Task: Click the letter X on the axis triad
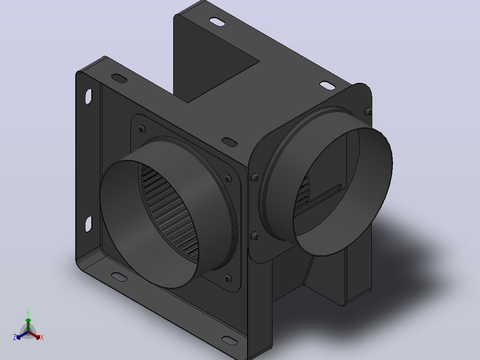click(x=42, y=337)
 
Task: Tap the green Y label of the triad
click(x=28, y=313)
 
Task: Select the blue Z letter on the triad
click(x=15, y=337)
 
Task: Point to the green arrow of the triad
click(x=28, y=325)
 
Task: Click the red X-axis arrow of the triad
click(x=34, y=335)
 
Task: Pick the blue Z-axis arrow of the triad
click(x=22, y=335)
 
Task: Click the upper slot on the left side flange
click(x=89, y=96)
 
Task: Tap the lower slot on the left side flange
click(x=89, y=224)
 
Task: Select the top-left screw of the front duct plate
click(x=142, y=128)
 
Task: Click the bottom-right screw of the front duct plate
click(x=228, y=278)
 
